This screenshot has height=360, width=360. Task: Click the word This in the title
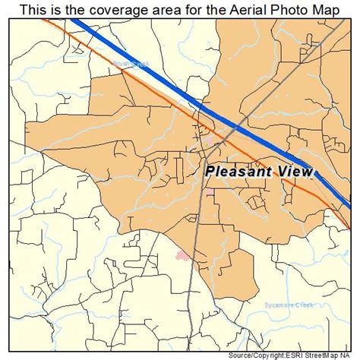point(33,9)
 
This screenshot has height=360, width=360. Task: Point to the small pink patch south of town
point(182,257)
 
